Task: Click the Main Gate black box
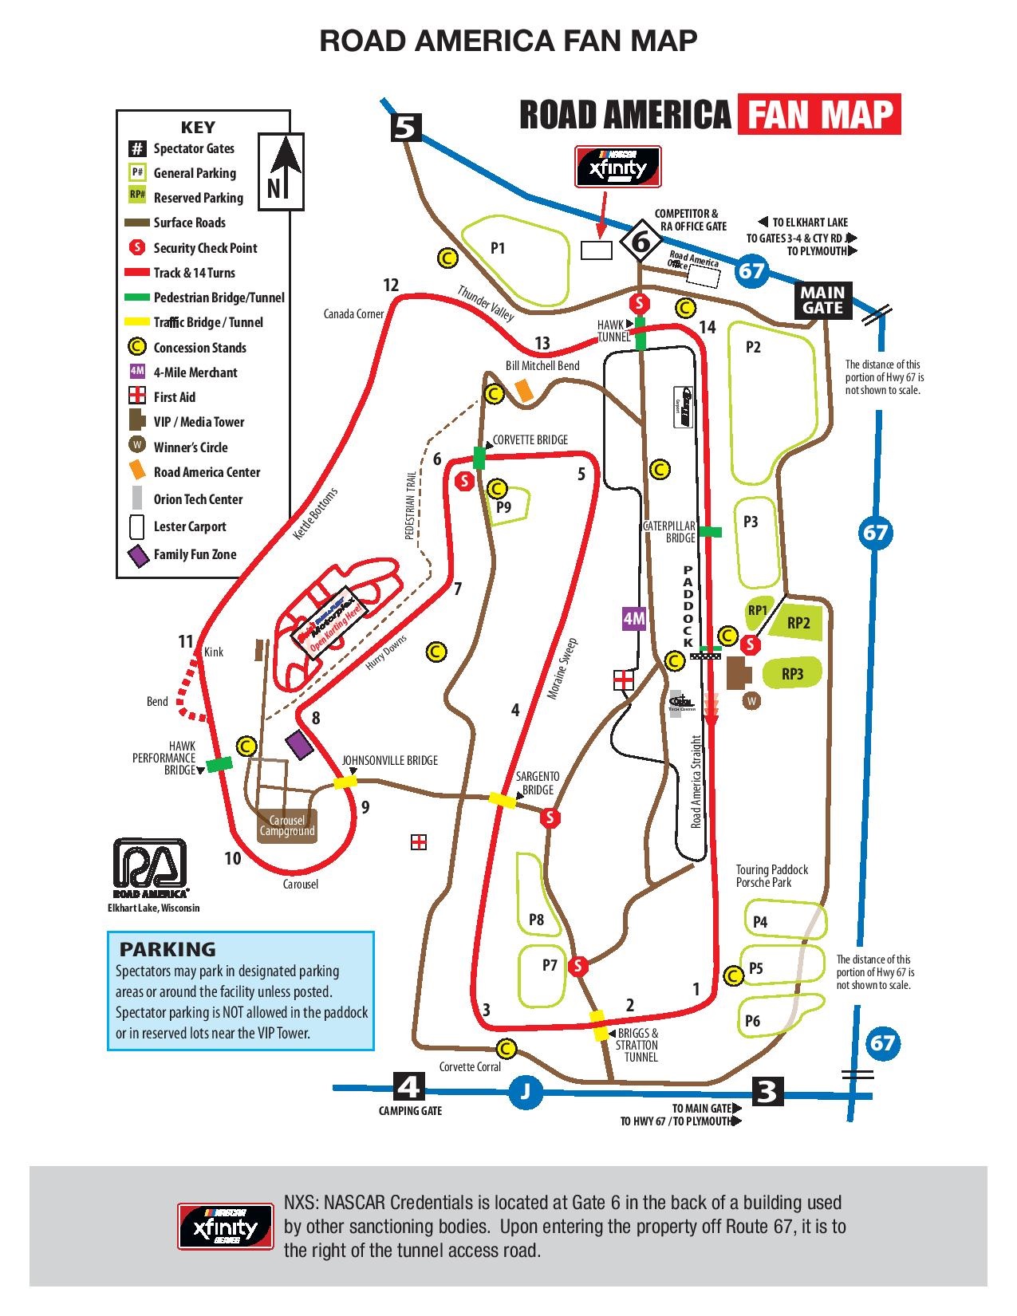[x=823, y=301]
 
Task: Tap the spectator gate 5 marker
[x=407, y=128]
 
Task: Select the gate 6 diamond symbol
[x=641, y=239]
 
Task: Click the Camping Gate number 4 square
[x=409, y=1086]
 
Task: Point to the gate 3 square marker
[x=766, y=1090]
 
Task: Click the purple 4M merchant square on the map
[x=633, y=619]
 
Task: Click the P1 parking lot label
[x=498, y=248]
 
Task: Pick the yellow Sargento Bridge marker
[x=503, y=800]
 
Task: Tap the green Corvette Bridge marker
[x=479, y=458]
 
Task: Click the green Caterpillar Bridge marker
[x=710, y=531]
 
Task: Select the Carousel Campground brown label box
[x=287, y=825]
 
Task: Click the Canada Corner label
[x=353, y=314]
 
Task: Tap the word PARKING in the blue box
[x=168, y=949]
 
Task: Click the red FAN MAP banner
[x=819, y=114]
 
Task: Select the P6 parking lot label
[x=752, y=1021]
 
